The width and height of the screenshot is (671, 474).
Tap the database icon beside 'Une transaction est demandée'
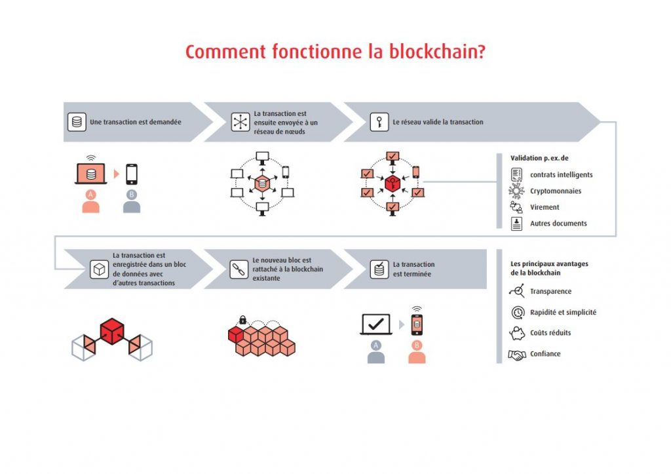click(77, 122)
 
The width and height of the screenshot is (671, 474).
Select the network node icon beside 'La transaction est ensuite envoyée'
click(240, 122)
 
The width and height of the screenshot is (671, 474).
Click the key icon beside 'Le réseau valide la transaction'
click(379, 122)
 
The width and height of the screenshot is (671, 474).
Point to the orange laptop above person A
click(90, 174)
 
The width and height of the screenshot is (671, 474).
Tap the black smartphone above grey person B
click(131, 174)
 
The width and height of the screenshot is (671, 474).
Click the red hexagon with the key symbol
click(393, 184)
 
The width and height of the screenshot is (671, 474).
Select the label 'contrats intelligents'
click(561, 174)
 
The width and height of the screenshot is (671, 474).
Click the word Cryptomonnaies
click(556, 191)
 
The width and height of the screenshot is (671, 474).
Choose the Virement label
click(545, 207)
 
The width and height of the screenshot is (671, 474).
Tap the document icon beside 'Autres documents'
click(516, 224)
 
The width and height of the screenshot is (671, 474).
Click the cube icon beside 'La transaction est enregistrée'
click(100, 269)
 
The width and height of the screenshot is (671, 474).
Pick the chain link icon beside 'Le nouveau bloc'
click(239, 269)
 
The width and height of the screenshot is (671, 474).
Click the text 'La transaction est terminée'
click(413, 269)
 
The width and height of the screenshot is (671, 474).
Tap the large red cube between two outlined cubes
click(112, 331)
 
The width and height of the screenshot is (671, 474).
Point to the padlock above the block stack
click(242, 319)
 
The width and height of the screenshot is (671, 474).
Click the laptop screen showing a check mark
click(376, 324)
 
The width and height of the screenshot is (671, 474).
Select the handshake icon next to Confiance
click(517, 355)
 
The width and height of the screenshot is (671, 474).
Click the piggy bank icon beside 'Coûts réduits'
click(517, 333)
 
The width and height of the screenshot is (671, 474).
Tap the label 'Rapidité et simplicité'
click(563, 312)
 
